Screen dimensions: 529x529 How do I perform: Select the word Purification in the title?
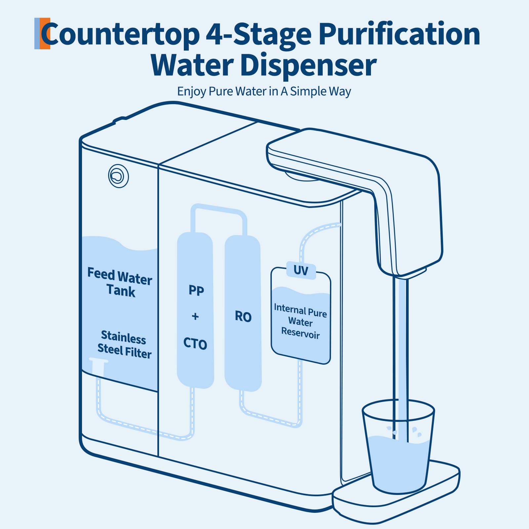(x=399, y=34)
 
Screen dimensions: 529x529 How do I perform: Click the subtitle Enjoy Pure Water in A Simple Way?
(x=264, y=92)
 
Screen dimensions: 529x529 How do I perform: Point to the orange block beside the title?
(x=45, y=33)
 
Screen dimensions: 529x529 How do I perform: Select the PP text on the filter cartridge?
(x=196, y=290)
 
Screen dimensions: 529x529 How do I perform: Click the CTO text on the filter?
(x=195, y=344)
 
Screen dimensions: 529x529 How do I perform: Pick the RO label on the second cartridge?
(x=243, y=317)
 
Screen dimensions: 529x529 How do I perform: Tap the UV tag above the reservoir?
(x=301, y=270)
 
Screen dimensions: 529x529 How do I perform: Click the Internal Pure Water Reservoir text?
(x=301, y=321)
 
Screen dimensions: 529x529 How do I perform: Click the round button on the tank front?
(x=118, y=176)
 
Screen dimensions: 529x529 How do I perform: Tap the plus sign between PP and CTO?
(x=195, y=316)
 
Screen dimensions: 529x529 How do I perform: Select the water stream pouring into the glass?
(x=401, y=359)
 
